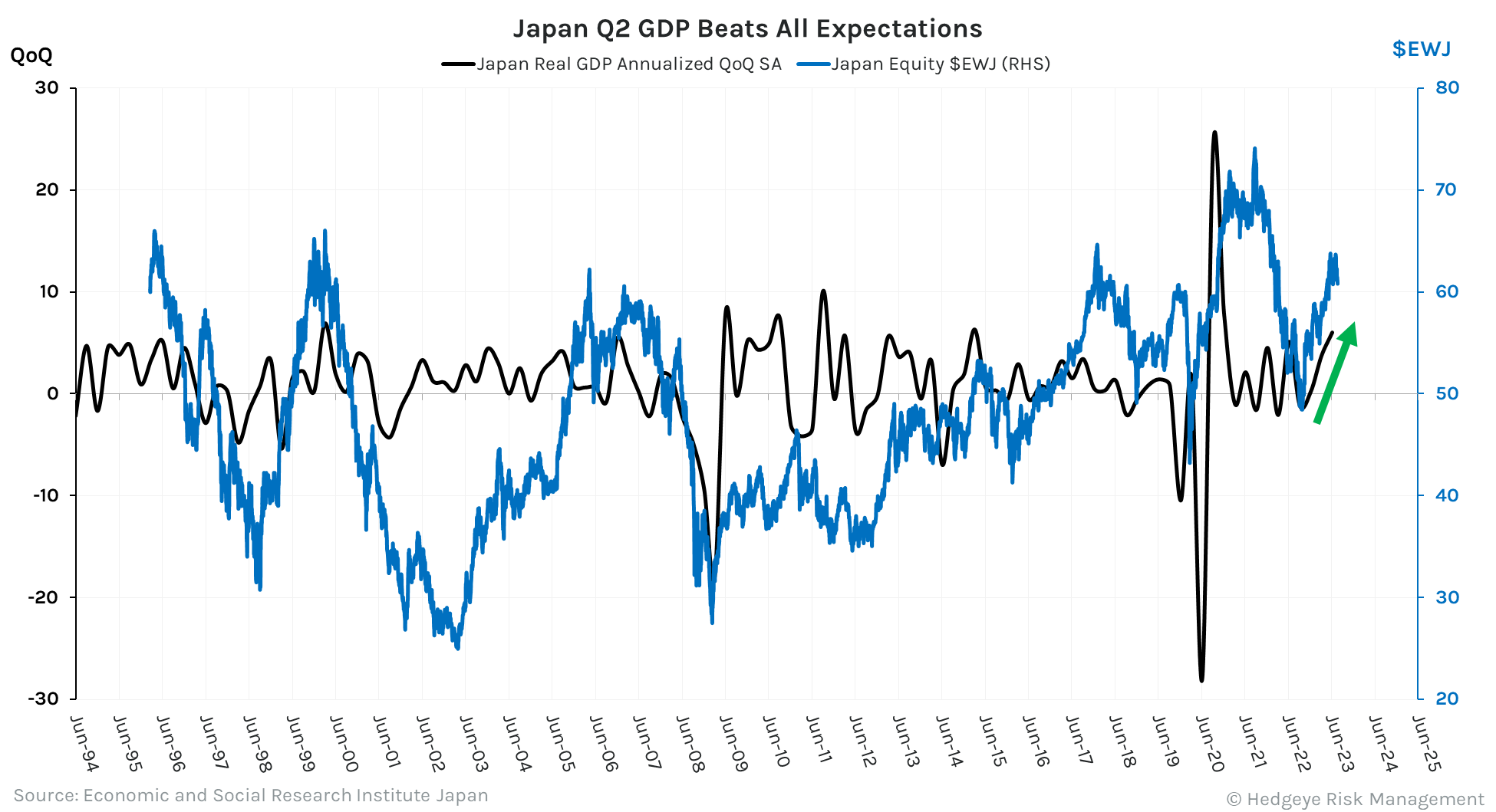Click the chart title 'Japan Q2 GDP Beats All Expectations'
coord(747,28)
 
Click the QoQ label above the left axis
coord(31,55)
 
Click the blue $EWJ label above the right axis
coord(1421,49)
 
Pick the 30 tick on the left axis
coord(47,87)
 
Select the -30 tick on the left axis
coord(43,699)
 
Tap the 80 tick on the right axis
coord(1447,87)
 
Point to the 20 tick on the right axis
coord(1447,699)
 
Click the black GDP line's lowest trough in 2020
coord(1201,679)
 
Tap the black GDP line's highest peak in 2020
coord(1214,133)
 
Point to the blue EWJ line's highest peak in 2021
coord(1254,149)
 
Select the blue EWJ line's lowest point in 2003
coord(458,648)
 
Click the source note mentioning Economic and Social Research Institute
coord(251,795)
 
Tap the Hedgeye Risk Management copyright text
coord(1355,799)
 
